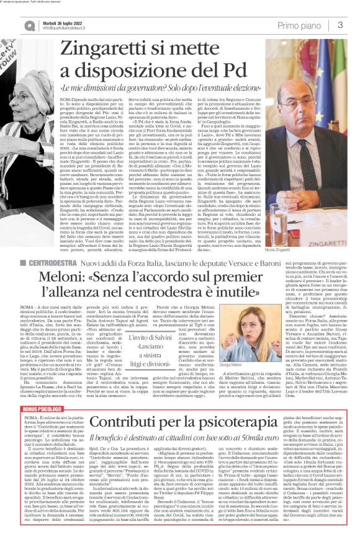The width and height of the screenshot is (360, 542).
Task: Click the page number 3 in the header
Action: pyautogui.click(x=341, y=24)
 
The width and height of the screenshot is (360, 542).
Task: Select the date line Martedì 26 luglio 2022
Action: pyautogui.click(x=44, y=21)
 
